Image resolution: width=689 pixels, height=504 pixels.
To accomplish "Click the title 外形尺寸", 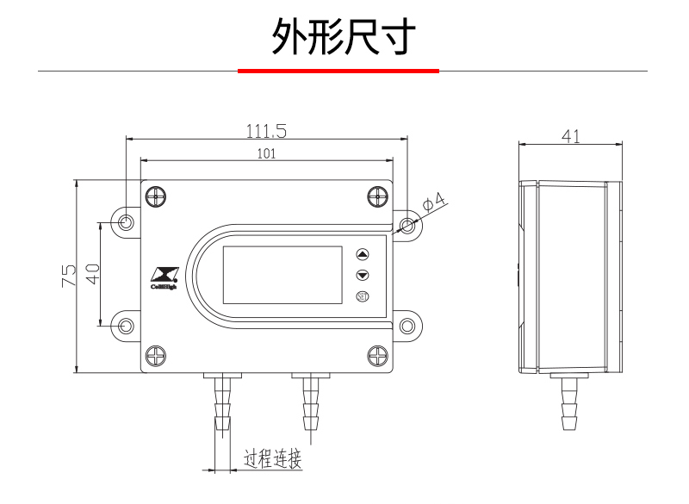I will point(344,36).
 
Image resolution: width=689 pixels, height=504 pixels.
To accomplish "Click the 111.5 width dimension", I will point(266,131).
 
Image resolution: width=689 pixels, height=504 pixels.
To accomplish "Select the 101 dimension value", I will point(266,153).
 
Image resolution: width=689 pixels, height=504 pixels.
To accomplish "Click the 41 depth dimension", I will point(570,136).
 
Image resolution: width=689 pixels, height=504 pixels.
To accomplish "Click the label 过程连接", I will point(273,459).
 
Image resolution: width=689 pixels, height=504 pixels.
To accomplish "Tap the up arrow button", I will point(362,255).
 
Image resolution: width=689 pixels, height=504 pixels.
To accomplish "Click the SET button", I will point(362,297).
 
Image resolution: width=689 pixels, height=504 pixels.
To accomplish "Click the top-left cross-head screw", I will point(156,196).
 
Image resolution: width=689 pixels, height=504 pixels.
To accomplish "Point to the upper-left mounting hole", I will point(127,222).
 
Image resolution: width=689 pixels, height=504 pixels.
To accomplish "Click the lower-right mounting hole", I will point(407,327).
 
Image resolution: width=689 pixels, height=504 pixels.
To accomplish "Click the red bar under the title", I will point(338,71).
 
